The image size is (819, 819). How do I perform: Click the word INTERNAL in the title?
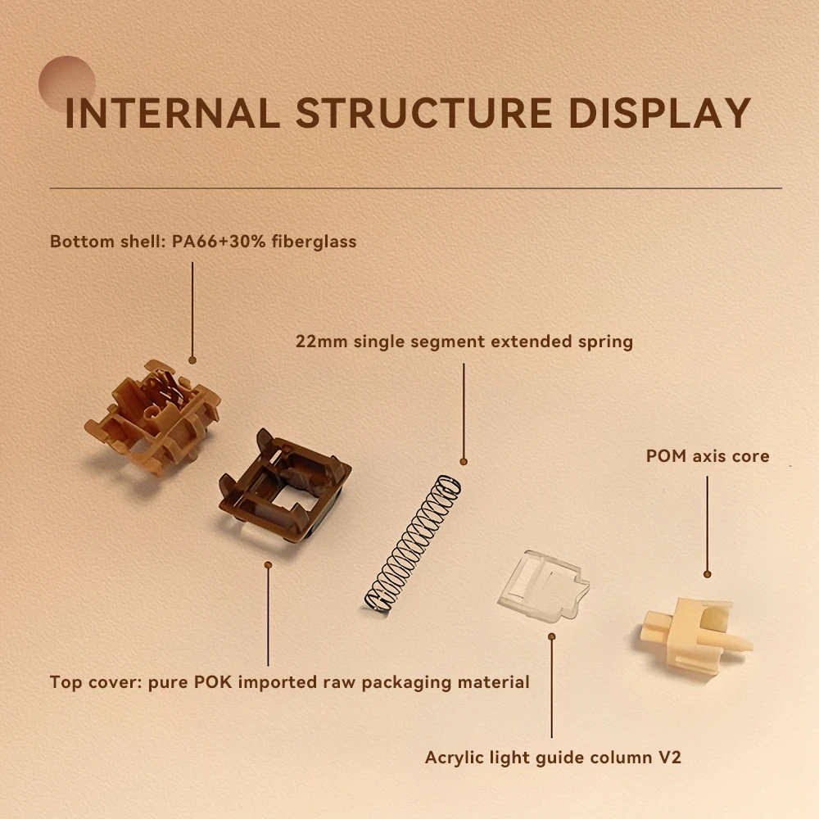point(172,112)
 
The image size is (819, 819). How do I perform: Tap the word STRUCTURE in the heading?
point(424,112)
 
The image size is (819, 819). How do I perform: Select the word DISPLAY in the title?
point(659,112)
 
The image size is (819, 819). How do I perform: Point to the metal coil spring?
point(413,543)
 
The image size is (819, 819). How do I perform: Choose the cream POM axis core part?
point(695,637)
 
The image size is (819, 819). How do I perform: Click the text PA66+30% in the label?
point(219,242)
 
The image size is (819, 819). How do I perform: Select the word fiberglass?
point(314,242)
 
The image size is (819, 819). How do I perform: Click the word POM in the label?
point(666,456)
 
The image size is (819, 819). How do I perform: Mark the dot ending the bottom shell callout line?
point(192,360)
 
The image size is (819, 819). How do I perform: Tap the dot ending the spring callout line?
point(464,461)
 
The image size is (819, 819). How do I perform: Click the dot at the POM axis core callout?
point(708,574)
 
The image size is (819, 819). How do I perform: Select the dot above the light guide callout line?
point(551,636)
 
